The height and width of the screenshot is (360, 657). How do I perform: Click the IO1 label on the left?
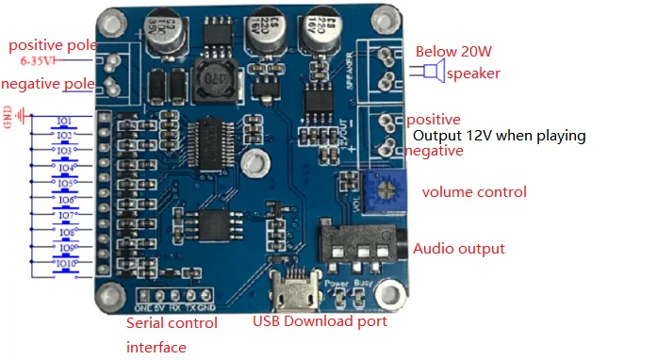[x=64, y=122]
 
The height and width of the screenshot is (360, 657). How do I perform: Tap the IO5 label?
[x=64, y=184]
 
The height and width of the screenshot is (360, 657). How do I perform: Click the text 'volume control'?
[x=473, y=192]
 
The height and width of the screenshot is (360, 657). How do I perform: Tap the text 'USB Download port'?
[x=320, y=321]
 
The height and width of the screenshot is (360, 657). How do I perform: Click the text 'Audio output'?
[x=459, y=249]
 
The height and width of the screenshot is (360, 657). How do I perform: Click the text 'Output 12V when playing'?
[x=500, y=136]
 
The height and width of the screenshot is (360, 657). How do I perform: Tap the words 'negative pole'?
[x=47, y=85]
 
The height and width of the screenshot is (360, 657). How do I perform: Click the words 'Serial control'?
[x=172, y=323]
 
